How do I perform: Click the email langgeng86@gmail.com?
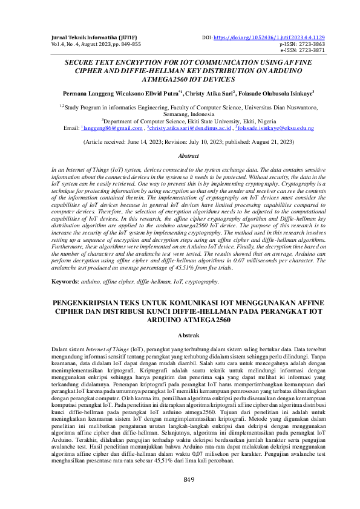click(x=113, y=129)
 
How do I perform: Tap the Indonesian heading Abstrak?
click(x=180, y=334)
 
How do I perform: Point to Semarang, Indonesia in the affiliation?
click(x=180, y=113)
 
